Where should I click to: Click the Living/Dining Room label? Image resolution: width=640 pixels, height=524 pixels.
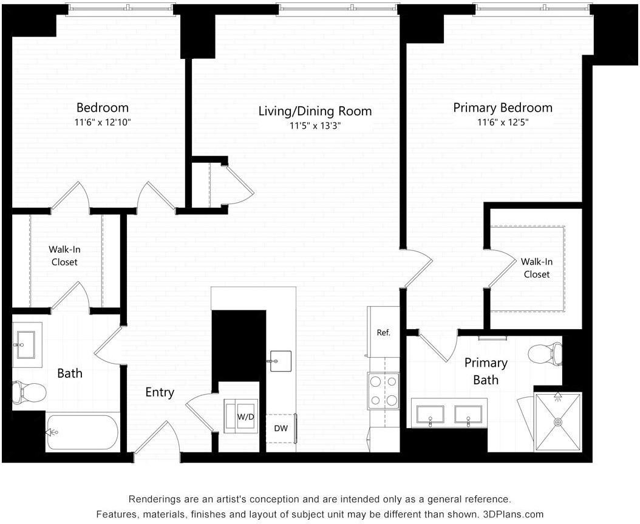pos(315,111)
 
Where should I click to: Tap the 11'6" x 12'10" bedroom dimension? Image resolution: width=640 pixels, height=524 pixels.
pos(103,122)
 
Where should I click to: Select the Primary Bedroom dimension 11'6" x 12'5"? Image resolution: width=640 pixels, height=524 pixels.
pos(503,122)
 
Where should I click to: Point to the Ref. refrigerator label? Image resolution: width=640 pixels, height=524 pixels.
pos(384,333)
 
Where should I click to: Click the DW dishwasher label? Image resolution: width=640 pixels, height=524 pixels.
pos(281,428)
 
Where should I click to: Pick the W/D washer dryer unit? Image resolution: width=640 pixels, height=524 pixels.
pos(241,417)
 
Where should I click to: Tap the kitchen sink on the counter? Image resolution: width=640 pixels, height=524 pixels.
pos(281,361)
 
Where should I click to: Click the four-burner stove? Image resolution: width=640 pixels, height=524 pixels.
pos(384,391)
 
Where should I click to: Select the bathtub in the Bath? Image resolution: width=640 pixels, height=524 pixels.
pos(83,432)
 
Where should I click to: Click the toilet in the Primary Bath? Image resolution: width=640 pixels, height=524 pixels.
pos(545,353)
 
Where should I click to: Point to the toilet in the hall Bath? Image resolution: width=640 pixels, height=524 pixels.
pos(29,392)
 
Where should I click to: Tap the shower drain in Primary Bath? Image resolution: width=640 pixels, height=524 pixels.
pos(557,422)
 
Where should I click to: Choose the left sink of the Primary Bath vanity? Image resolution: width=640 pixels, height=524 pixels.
pos(430,415)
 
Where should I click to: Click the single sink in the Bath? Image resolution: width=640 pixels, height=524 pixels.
pos(26,345)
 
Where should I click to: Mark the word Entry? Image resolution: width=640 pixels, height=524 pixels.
pos(160,392)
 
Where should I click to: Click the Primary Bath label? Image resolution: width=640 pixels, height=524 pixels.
pos(486,371)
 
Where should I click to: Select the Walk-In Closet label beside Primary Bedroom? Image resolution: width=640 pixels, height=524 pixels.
pos(537,268)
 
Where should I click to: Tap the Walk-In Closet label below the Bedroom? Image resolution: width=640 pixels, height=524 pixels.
pos(64,256)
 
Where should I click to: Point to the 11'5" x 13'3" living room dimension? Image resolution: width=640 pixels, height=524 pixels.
pos(315,126)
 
